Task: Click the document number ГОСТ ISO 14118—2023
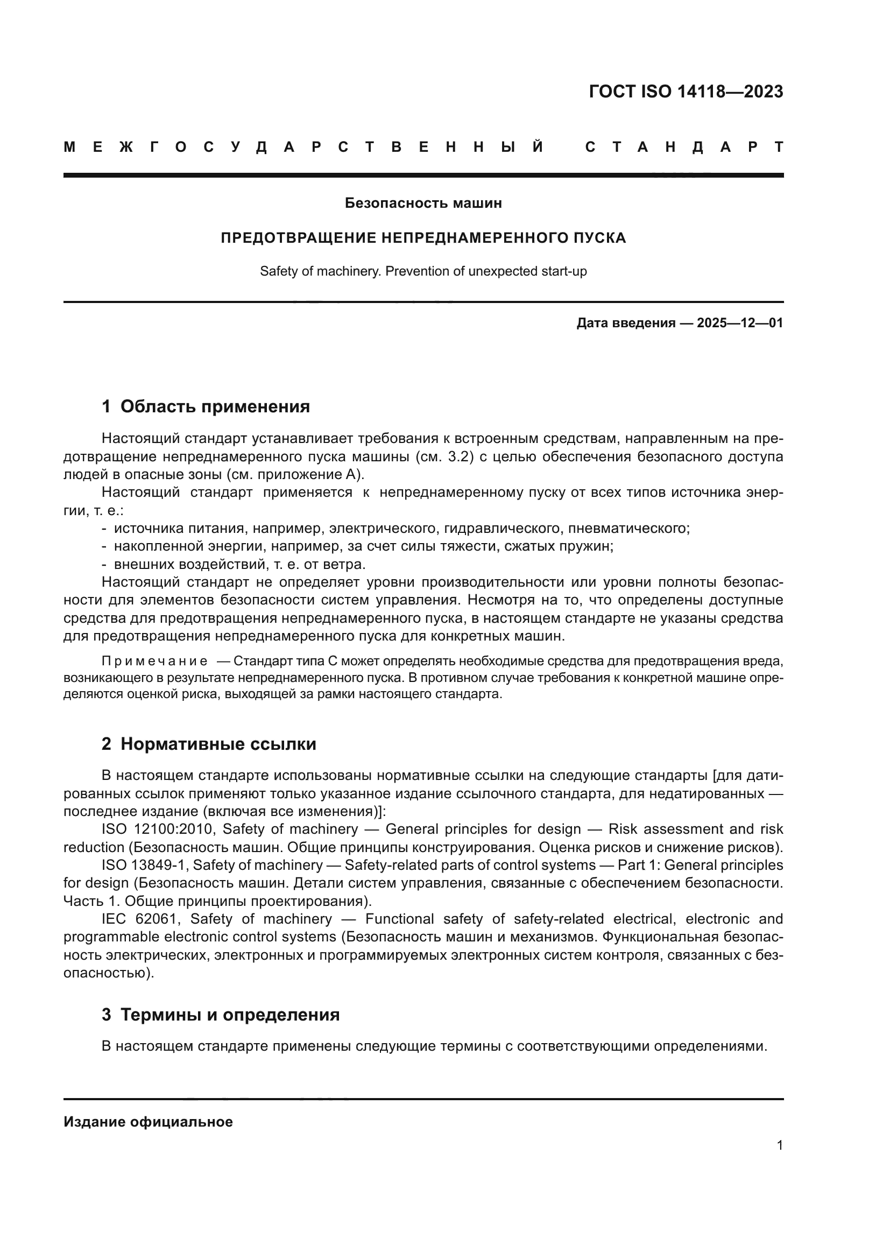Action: tap(686, 92)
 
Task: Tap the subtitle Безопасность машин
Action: tap(423, 203)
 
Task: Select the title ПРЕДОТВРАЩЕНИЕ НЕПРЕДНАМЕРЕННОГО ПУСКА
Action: tap(423, 238)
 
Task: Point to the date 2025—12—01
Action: tap(740, 323)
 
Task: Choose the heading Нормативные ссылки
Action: tap(218, 744)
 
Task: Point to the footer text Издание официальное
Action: tap(148, 1122)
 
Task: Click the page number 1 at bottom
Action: tap(780, 1145)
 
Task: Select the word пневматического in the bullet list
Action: tap(628, 529)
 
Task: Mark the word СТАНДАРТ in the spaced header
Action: tap(684, 147)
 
